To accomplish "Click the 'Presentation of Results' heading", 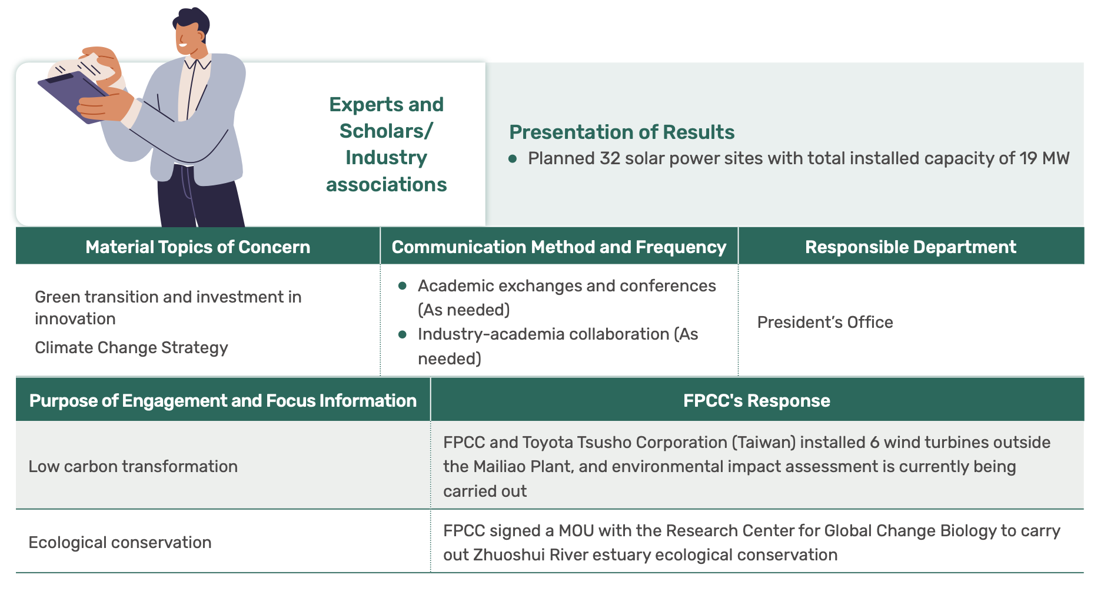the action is coord(621,132).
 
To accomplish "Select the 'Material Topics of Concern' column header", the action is coord(198,247).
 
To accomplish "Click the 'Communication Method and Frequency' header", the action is coord(559,247).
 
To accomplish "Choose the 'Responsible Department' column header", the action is coord(910,247).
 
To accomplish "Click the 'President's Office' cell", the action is coord(825,322).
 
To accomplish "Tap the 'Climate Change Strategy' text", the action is coord(131,348).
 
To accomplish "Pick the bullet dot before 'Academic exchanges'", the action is coord(403,286).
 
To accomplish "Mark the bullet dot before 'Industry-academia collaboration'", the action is coord(403,334).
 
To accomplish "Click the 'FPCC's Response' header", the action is coord(757,400).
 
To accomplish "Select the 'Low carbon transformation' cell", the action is coord(133,466).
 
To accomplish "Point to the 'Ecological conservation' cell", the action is coord(120,542).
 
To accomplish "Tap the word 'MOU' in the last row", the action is coord(576,530).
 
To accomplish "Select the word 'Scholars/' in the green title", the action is coord(386,131).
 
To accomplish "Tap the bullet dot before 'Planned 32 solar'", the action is coord(513,158).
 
